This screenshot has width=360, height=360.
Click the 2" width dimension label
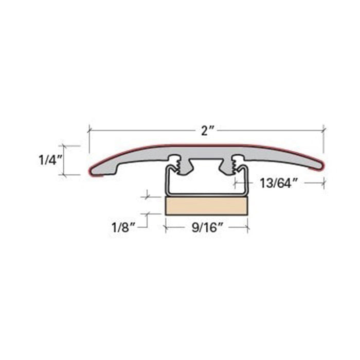click(x=207, y=130)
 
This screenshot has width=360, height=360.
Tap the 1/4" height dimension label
click(x=50, y=159)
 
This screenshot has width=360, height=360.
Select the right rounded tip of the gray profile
click(x=319, y=165)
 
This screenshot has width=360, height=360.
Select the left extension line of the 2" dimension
click(x=89, y=139)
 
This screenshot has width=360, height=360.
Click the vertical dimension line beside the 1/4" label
click(x=65, y=160)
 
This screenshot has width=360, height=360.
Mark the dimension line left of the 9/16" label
click(x=178, y=225)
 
